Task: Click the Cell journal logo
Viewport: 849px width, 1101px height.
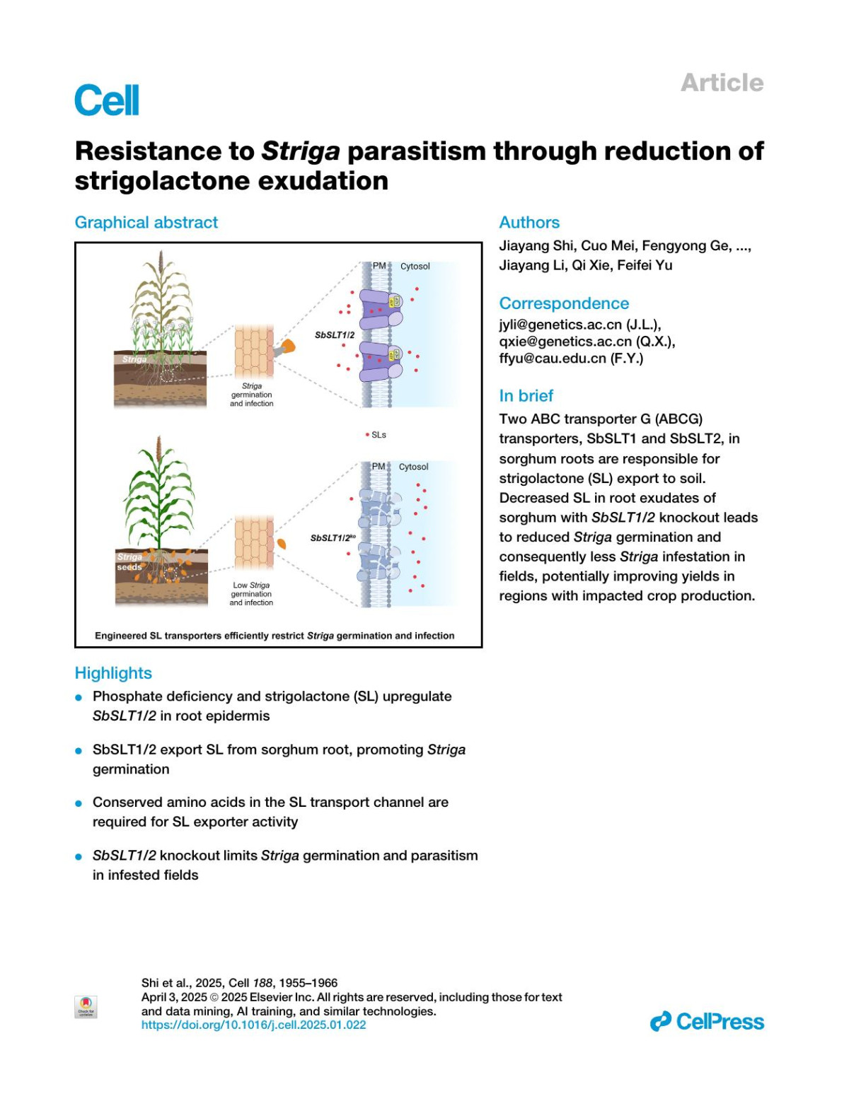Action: tap(107, 100)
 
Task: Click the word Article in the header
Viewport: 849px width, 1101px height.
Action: tap(722, 83)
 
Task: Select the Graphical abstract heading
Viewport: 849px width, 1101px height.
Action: tap(146, 223)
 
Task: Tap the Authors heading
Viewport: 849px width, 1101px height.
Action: tap(529, 223)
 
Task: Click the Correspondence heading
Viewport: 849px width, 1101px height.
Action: tap(564, 303)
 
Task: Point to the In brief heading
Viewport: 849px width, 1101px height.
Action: tap(526, 396)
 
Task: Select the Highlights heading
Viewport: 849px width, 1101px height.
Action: tap(113, 673)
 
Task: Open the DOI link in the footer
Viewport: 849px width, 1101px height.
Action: tap(253, 1025)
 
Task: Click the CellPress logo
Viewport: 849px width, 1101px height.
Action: tap(707, 1022)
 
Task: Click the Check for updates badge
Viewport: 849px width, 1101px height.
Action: tap(86, 1006)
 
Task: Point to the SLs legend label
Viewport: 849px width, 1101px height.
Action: tap(376, 435)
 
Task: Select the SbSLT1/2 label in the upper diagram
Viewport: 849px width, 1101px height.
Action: tap(335, 335)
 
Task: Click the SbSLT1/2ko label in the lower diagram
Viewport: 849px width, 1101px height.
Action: tap(333, 538)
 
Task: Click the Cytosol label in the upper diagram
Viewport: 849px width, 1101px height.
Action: tap(415, 267)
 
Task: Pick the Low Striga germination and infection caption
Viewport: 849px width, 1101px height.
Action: tap(251, 594)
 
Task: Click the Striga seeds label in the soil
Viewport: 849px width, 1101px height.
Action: tap(129, 562)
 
